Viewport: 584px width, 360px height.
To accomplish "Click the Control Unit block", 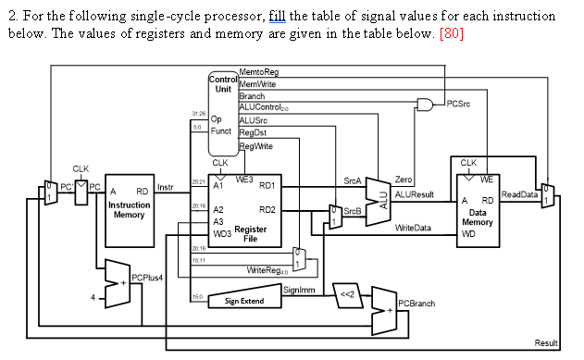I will tap(223, 116).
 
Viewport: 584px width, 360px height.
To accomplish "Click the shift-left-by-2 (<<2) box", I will tap(345, 290).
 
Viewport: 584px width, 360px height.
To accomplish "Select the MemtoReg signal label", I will tap(258, 72).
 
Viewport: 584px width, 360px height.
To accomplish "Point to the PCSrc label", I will tap(459, 104).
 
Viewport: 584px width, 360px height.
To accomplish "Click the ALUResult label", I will tap(415, 193).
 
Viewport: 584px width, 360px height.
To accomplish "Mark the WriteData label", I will tap(412, 228).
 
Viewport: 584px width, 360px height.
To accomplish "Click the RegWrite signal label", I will tap(256, 148).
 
